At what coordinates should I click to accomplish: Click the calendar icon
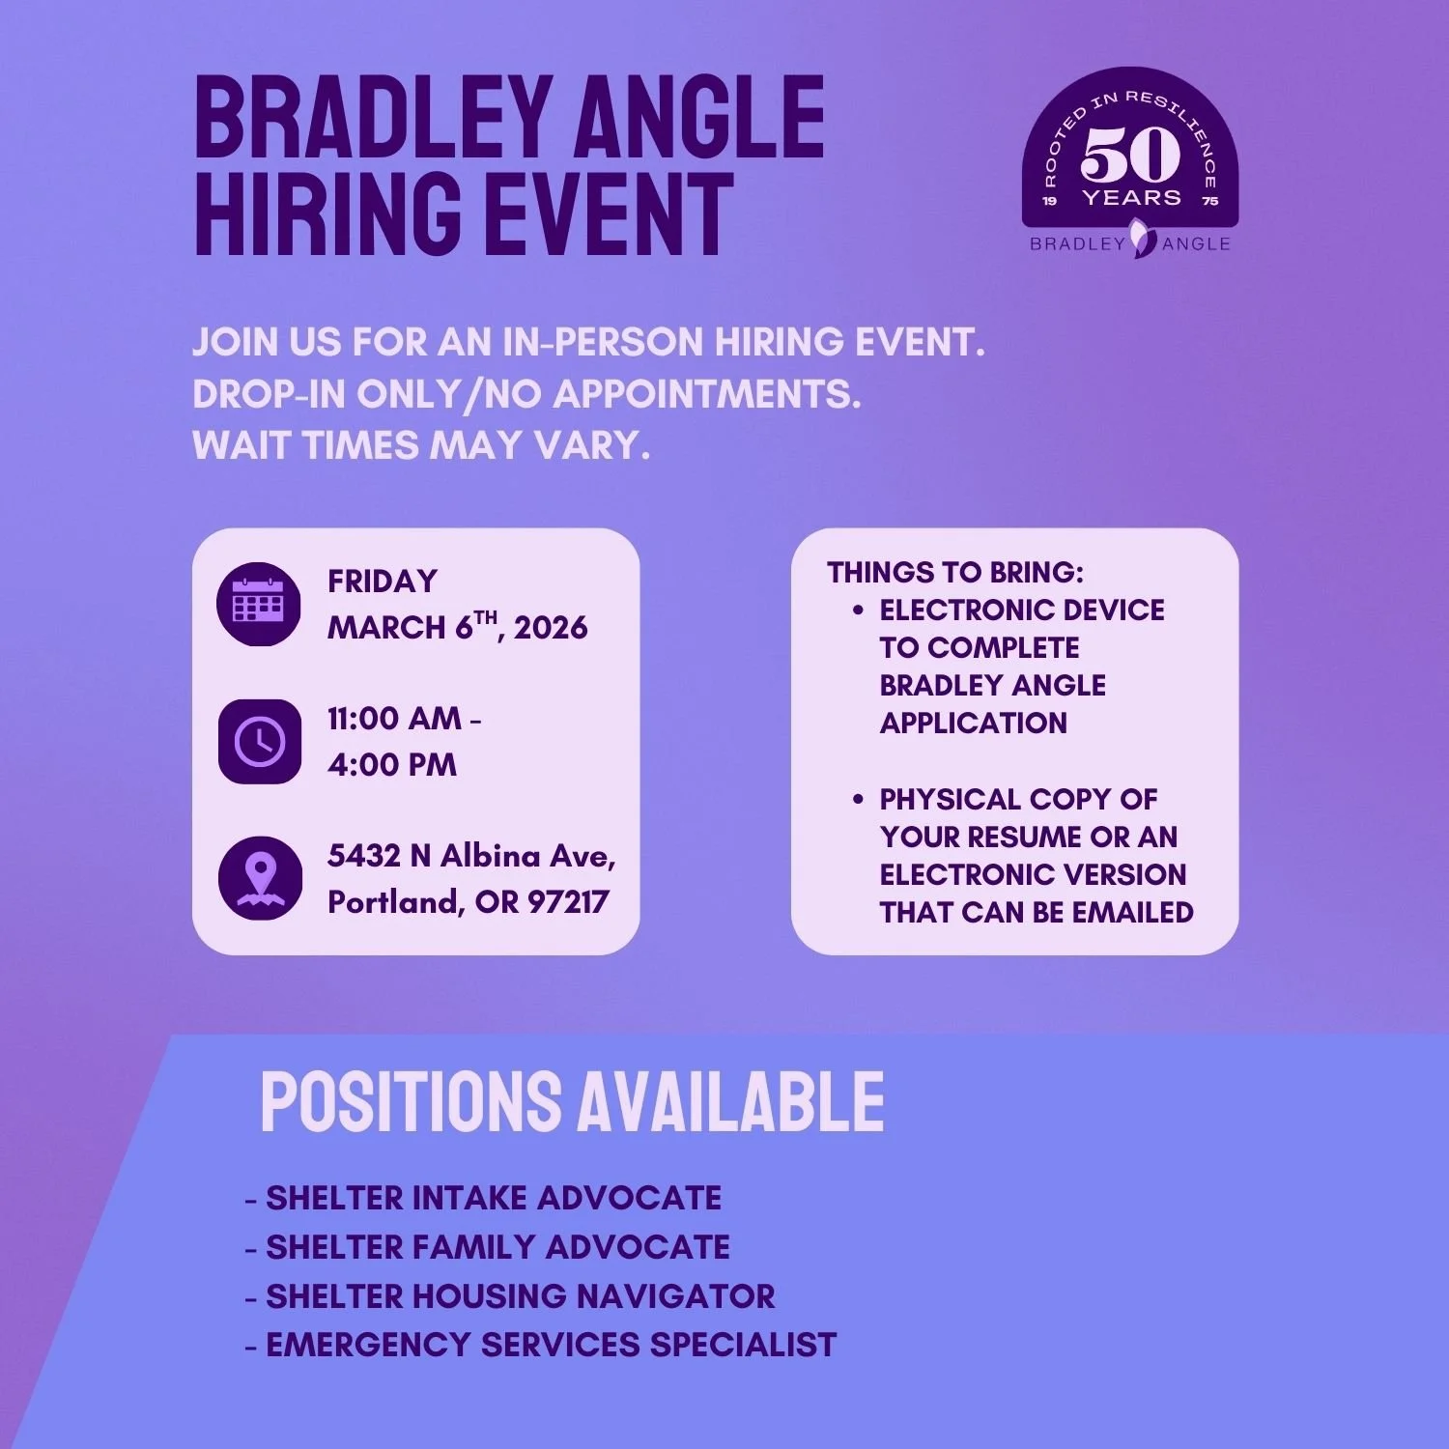tap(259, 605)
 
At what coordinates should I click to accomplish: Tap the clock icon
tap(259, 741)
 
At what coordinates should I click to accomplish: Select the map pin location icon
tap(259, 877)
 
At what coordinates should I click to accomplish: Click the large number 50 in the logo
tap(1130, 155)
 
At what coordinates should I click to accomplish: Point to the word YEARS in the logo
tap(1131, 198)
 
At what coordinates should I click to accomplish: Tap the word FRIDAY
tap(383, 582)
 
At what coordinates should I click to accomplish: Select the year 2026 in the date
tap(551, 628)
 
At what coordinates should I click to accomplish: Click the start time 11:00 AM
tap(394, 719)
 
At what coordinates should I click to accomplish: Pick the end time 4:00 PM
tap(392, 765)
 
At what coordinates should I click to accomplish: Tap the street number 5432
tap(364, 856)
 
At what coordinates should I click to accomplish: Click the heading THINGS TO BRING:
tap(955, 573)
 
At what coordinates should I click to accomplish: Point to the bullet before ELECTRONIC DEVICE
tap(858, 611)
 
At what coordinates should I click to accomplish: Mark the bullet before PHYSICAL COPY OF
tap(858, 800)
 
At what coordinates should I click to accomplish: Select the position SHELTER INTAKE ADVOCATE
tap(493, 1199)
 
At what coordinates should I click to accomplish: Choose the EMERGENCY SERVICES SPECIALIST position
tap(551, 1345)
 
